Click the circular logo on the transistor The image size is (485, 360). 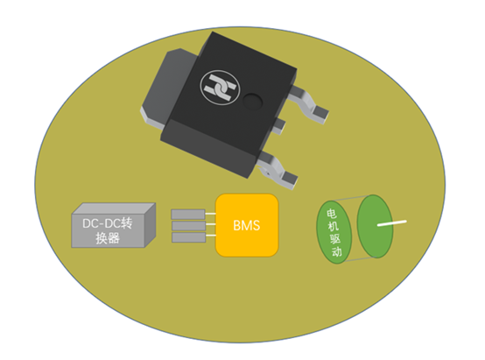220,88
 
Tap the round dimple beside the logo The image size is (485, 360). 252,102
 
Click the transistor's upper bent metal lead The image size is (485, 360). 309,104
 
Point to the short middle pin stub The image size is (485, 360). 278,124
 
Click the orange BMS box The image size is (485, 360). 247,225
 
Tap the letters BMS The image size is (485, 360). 247,226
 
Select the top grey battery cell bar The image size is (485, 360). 188,215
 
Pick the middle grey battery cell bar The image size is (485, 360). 188,226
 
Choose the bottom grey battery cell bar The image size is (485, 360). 188,237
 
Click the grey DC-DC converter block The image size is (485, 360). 114,225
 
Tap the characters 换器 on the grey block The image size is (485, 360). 108,238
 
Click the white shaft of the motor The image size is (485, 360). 392,223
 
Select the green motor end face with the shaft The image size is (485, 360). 375,226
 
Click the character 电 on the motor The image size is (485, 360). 331,213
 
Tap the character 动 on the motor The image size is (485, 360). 336,251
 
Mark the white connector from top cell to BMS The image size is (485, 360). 210,214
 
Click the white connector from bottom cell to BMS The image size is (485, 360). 211,236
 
